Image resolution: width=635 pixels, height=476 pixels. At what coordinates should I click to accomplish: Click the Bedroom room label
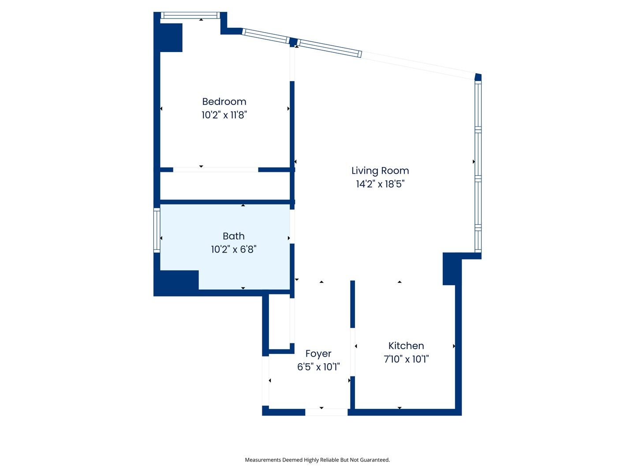[224, 101]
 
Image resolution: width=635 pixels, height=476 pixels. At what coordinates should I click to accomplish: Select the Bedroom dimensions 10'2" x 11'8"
[224, 115]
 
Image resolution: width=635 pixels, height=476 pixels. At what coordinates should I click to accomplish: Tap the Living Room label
[380, 171]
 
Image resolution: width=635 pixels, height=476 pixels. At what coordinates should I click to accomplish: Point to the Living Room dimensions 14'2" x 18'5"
[380, 184]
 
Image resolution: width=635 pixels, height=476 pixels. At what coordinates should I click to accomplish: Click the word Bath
[233, 236]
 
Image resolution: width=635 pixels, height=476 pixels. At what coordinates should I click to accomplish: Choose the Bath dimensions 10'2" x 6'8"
[233, 249]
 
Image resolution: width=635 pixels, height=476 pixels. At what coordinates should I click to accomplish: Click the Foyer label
[318, 353]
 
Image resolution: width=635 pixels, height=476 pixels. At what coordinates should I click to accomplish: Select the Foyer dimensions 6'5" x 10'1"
[318, 367]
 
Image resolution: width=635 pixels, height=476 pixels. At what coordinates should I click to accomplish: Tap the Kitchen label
[406, 346]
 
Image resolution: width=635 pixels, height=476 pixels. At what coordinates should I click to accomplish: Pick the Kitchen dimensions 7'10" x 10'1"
[406, 359]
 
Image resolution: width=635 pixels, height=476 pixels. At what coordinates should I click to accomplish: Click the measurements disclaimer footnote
[317, 460]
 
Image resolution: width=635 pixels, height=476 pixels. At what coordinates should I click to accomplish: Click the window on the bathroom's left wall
[157, 230]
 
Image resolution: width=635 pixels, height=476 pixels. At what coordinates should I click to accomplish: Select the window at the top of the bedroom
[190, 15]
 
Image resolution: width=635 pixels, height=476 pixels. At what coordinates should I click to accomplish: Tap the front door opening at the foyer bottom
[326, 412]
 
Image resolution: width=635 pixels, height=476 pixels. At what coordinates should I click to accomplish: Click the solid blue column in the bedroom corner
[171, 37]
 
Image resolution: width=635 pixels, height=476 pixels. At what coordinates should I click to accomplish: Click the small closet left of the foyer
[279, 321]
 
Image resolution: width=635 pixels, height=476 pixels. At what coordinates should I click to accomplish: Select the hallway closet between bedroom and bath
[225, 186]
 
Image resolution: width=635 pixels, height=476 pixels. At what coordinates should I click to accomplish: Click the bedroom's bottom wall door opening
[216, 170]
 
